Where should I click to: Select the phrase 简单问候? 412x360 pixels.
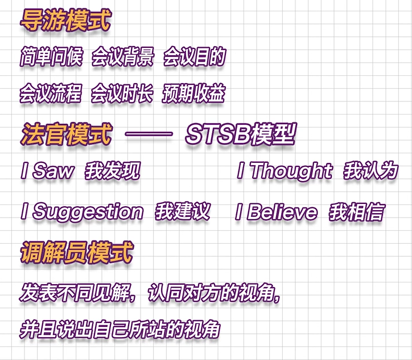click(x=51, y=58)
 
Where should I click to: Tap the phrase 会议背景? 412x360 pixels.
click(x=122, y=58)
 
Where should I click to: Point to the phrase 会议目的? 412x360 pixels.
click(x=195, y=58)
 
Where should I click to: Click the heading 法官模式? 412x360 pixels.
click(x=65, y=135)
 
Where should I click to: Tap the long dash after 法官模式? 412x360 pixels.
click(x=149, y=136)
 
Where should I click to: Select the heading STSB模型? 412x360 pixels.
click(x=241, y=135)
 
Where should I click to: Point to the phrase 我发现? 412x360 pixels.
click(x=113, y=171)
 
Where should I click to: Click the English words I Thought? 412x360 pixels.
click(x=285, y=171)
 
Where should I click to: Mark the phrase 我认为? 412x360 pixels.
click(x=370, y=171)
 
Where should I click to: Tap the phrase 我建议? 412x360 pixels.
click(x=183, y=212)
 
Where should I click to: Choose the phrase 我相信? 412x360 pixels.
click(x=357, y=212)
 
